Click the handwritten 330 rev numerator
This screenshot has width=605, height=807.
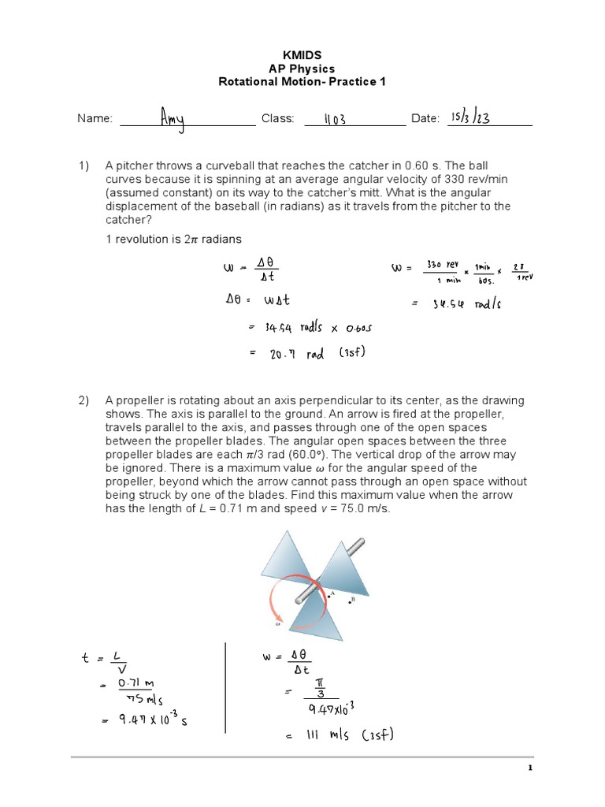point(441,264)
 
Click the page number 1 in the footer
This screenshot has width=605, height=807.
point(531,768)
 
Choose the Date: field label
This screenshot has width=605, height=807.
point(425,119)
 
